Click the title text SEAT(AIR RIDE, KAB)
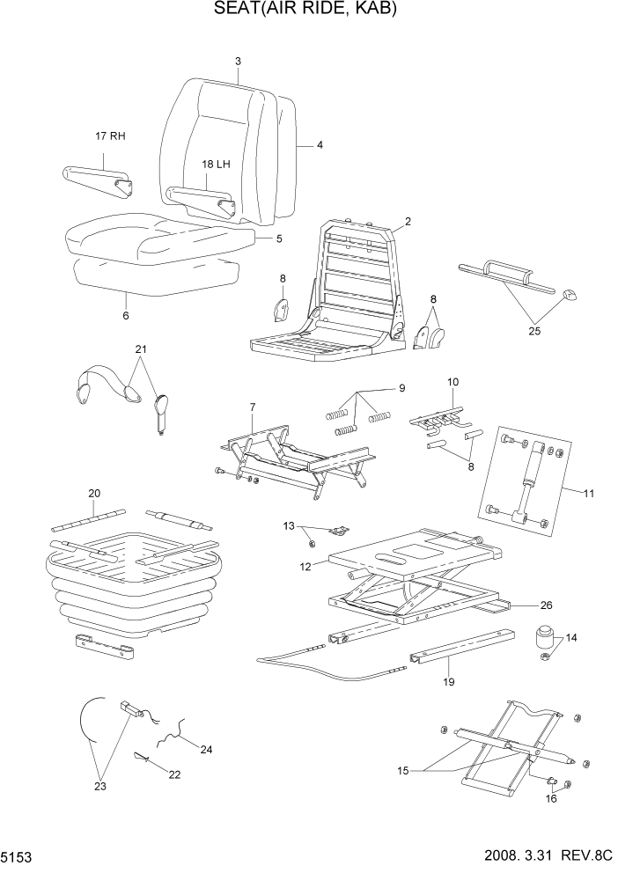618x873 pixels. coord(305,11)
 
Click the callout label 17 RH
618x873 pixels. coord(111,136)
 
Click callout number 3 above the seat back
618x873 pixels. coord(238,61)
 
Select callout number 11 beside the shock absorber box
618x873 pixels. coord(587,493)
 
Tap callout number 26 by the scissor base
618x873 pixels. coord(546,605)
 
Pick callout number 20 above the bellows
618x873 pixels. coord(94,494)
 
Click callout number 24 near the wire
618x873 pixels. coord(206,750)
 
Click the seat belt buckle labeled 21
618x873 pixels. coord(161,409)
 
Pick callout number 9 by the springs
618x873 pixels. coord(401,388)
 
